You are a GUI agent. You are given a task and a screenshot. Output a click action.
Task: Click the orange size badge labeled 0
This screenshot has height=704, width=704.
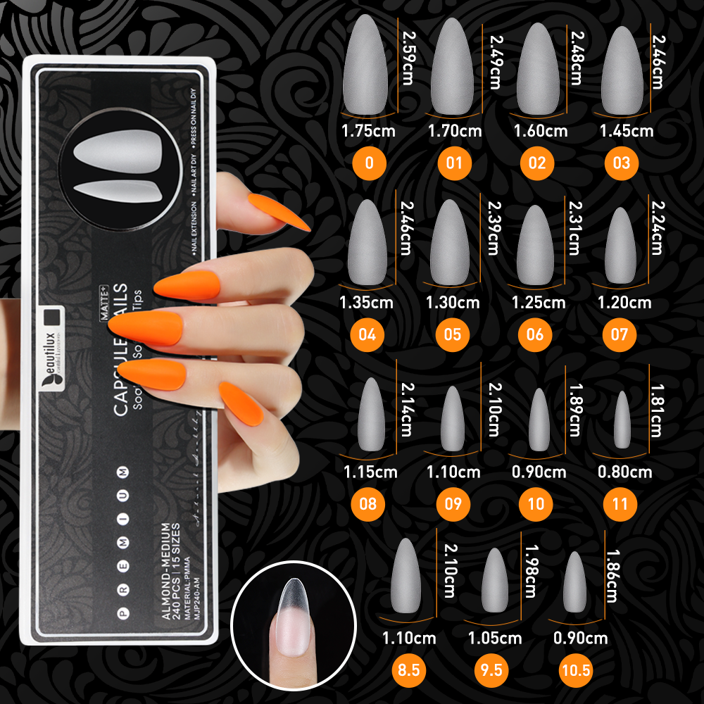(369, 163)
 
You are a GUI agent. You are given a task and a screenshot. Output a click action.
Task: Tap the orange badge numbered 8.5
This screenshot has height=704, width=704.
(408, 670)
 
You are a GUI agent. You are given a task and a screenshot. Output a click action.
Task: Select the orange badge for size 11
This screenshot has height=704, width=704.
(620, 504)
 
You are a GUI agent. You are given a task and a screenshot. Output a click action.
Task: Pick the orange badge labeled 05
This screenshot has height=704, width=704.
(453, 333)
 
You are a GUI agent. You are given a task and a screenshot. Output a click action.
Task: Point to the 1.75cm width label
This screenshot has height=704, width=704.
(368, 131)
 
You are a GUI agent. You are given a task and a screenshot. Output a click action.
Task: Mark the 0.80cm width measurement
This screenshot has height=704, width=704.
(624, 472)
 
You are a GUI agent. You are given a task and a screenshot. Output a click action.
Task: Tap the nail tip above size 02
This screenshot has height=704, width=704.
(538, 68)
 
